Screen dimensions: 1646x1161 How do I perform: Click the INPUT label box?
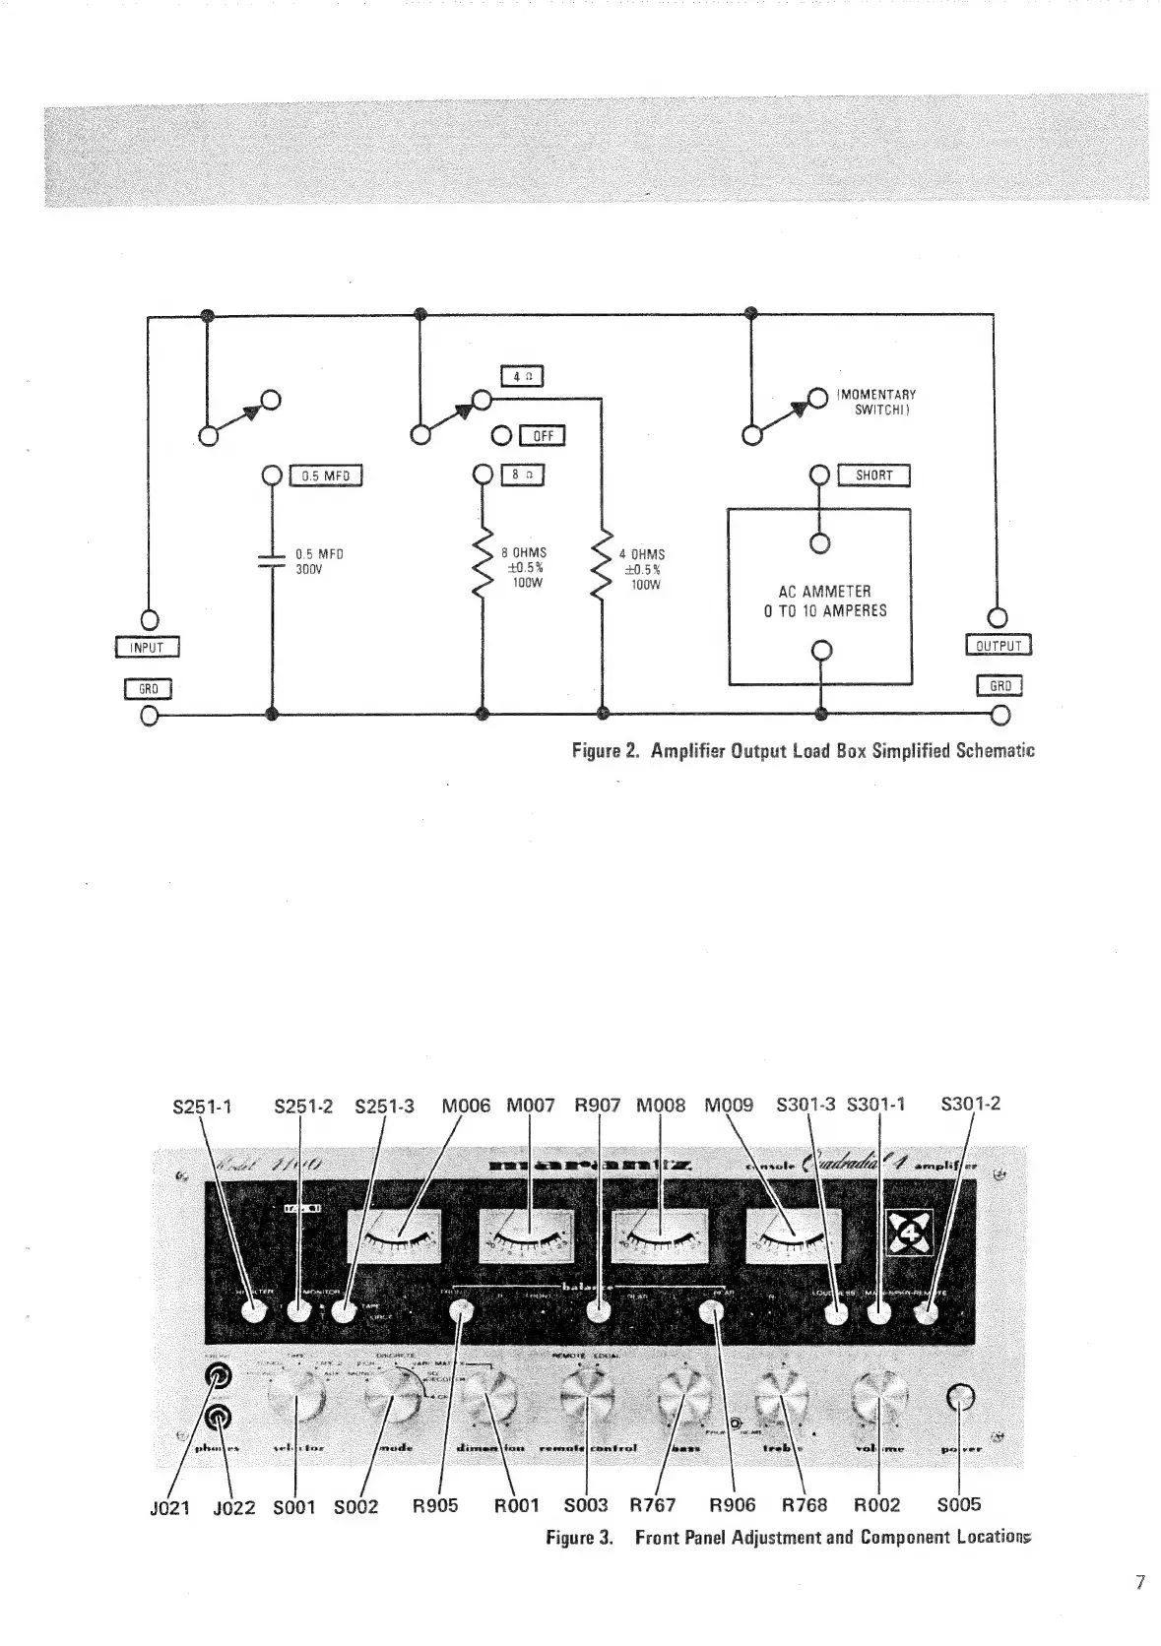tap(148, 647)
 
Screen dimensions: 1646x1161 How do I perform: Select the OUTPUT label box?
tap(998, 646)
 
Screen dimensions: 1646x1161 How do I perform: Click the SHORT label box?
tap(873, 475)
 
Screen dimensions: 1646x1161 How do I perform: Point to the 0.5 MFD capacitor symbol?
tap(271, 562)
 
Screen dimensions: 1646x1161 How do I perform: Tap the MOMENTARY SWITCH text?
tap(876, 402)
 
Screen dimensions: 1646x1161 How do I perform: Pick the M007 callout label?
tap(531, 1106)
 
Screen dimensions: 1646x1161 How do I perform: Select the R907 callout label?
tap(598, 1106)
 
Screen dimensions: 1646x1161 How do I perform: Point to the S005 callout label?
tap(958, 1504)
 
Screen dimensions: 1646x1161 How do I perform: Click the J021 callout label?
tap(168, 1507)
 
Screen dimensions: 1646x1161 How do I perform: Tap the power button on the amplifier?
tap(960, 1397)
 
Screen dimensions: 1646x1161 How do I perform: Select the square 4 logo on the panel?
tap(909, 1232)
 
